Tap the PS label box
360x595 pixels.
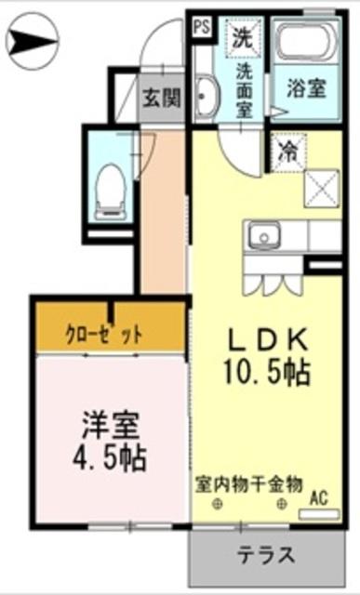[200, 27]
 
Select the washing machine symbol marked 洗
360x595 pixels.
[242, 38]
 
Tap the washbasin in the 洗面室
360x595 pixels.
[206, 96]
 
